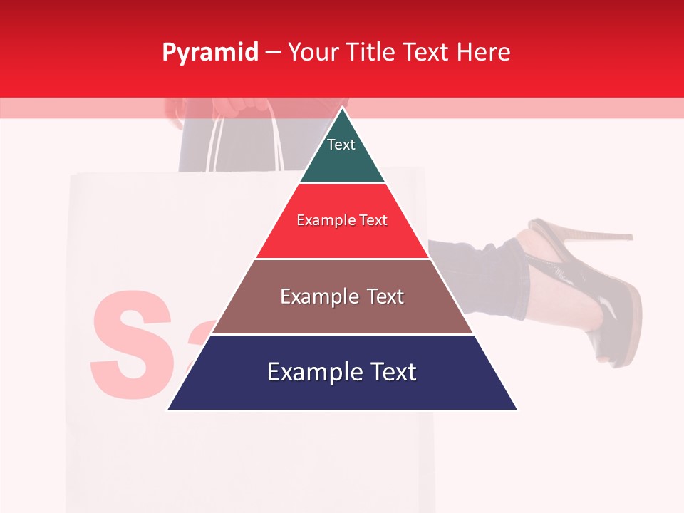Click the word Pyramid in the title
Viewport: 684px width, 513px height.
tap(209, 53)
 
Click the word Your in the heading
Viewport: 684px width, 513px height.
tap(313, 52)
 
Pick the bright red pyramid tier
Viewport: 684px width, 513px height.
tap(342, 239)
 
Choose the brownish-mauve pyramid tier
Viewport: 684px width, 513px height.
tap(342, 313)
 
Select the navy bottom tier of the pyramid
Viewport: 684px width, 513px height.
tap(342, 388)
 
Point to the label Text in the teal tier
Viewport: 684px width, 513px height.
tap(341, 145)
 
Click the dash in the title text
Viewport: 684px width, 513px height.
tap(273, 53)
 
